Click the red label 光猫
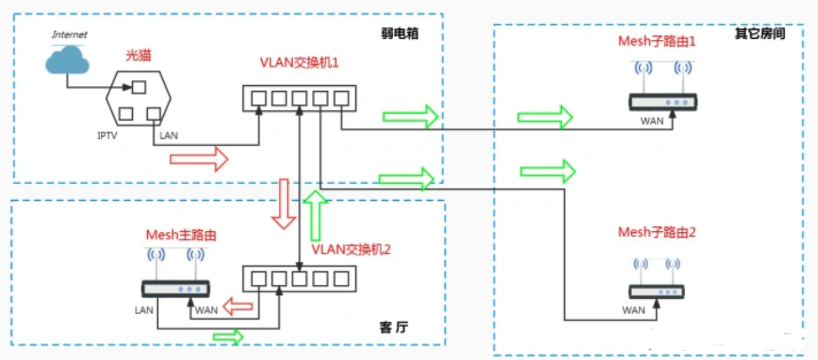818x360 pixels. (138, 55)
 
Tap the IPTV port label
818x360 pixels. (107, 136)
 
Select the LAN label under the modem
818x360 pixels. (169, 136)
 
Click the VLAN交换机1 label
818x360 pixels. (299, 63)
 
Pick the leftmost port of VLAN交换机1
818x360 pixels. (259, 98)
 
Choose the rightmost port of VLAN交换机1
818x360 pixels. (341, 98)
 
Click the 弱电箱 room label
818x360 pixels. (399, 33)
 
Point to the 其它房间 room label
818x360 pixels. (760, 33)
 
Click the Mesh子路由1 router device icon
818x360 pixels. (663, 103)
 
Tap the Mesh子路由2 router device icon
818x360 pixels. (657, 291)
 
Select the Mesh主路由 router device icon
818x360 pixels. (176, 289)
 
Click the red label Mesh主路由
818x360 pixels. (181, 235)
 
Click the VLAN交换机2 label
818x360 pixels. (351, 249)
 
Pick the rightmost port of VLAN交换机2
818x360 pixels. (341, 278)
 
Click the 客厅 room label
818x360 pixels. (394, 327)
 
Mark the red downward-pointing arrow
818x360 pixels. (284, 204)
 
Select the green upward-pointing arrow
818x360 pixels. (315, 215)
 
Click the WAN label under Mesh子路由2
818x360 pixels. (633, 310)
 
